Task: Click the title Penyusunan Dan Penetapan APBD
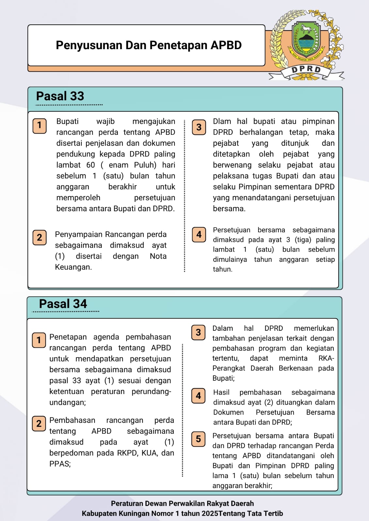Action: tap(148, 45)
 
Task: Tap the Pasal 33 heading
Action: tap(60, 96)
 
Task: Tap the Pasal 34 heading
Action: tap(63, 304)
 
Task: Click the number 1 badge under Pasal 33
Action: tap(39, 126)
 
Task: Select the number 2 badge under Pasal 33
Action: tap(39, 237)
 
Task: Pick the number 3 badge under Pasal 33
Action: tap(199, 127)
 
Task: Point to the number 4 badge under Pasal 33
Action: tap(199, 234)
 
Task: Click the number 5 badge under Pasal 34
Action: tap(198, 439)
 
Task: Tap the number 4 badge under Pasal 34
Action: tap(198, 396)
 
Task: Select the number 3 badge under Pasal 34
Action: tap(198, 332)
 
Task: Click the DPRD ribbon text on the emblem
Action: tap(306, 70)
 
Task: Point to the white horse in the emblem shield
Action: tap(306, 30)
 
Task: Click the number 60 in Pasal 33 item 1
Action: tap(91, 165)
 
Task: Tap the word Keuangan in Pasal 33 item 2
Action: tap(73, 267)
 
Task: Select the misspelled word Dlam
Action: tap(222, 121)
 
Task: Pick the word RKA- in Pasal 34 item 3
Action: tap(326, 359)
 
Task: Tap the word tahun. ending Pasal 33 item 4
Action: tap(223, 269)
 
